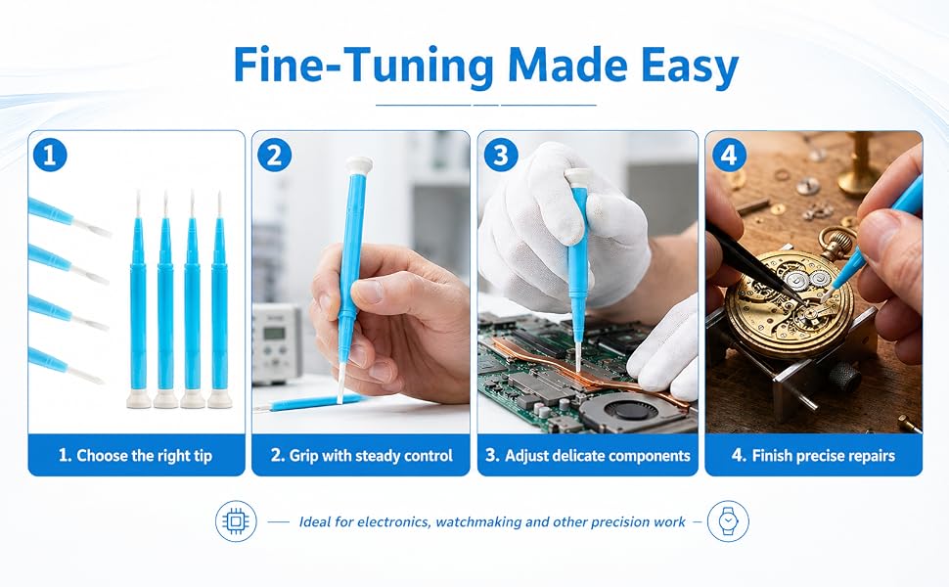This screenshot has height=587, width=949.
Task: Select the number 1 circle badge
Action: pos(50,155)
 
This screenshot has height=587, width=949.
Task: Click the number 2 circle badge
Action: pos(274,155)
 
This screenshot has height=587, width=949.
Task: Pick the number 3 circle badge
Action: pos(501,155)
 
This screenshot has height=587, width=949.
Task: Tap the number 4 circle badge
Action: pos(729,155)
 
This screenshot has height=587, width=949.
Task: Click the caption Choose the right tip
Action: pos(136,455)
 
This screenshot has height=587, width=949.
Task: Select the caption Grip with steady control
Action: pos(361,455)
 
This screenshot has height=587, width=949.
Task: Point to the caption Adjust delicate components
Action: pos(588,455)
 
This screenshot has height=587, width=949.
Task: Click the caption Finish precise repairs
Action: pos(813,455)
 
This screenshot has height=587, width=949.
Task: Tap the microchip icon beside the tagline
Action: pos(236,521)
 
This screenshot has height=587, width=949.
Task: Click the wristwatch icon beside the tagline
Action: pos(728,521)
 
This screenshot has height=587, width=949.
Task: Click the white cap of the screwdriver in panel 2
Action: pos(359,164)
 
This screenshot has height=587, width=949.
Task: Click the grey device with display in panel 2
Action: pos(277,343)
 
